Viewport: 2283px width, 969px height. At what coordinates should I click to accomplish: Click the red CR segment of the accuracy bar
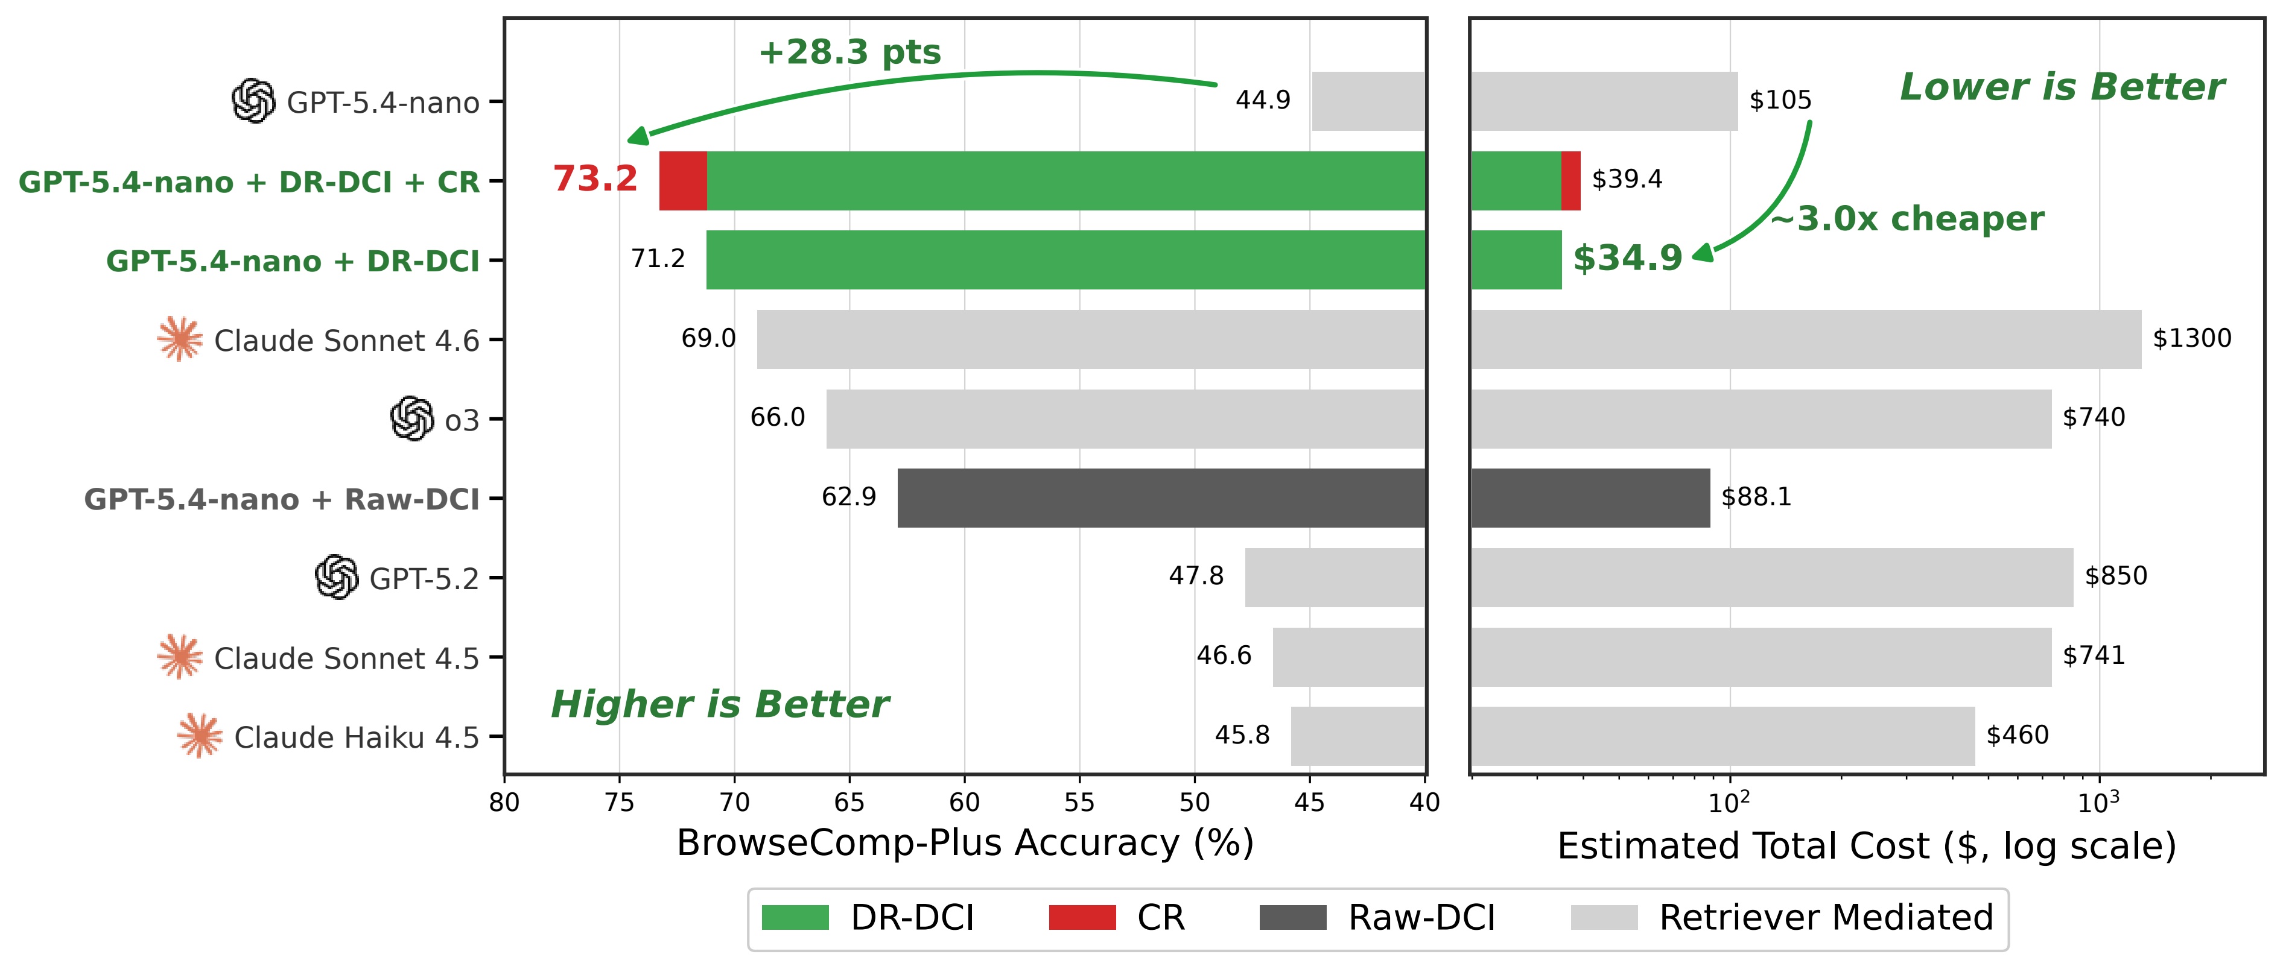click(684, 181)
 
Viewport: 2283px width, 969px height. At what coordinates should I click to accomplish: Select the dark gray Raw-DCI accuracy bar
click(1162, 498)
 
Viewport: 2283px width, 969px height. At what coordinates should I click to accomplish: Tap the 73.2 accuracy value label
click(595, 179)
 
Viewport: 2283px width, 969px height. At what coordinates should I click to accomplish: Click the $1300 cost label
click(2192, 338)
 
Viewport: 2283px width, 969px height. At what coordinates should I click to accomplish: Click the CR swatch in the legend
click(1082, 918)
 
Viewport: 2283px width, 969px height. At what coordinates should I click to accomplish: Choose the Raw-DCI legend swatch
click(1293, 918)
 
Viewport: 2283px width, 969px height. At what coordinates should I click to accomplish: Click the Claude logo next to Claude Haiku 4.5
click(200, 736)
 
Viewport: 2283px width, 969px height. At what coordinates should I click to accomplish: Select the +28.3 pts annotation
click(849, 52)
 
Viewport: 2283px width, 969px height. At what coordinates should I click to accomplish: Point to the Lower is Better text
click(2062, 87)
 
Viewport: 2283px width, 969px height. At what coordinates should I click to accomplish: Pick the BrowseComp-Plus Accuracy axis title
click(965, 843)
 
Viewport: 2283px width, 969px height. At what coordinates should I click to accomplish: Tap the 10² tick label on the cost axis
click(1729, 801)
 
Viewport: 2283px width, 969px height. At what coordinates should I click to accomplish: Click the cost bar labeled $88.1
click(1591, 498)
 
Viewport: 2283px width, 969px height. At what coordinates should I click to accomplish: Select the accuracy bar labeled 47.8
click(1336, 578)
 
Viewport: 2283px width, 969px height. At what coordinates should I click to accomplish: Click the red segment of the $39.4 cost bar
click(1570, 181)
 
